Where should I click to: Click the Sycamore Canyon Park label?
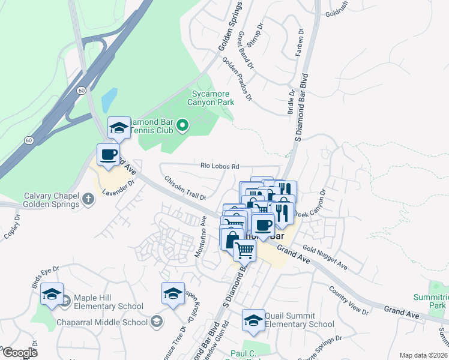212,98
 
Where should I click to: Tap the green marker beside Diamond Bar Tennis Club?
184,125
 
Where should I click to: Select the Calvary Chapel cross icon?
88,199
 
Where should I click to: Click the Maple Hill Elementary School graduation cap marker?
52,295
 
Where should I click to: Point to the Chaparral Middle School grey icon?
157,322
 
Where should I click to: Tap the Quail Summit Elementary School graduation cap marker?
253,320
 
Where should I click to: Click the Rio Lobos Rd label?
220,166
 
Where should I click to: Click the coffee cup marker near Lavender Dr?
108,155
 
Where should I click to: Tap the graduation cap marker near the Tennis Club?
119,128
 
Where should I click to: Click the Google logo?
19,352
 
